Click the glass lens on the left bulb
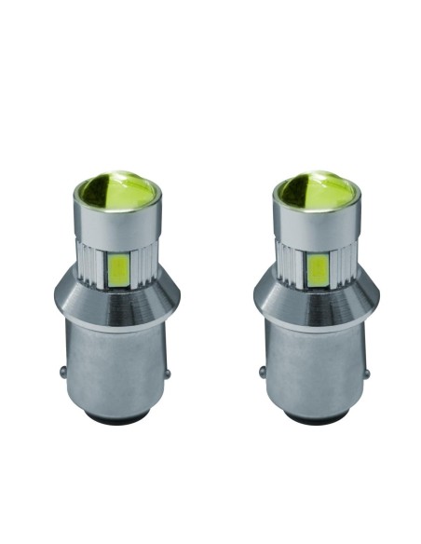coord(118,193)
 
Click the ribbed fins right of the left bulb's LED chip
coord(143,265)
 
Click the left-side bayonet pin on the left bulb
coord(62,372)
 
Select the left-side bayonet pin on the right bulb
coord(262,372)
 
